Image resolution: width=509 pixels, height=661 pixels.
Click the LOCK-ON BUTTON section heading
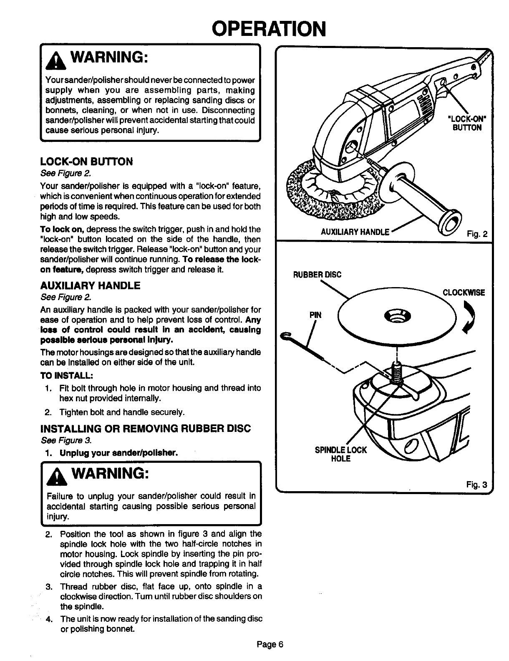tap(86, 161)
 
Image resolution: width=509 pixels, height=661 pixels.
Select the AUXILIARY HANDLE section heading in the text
tap(90, 286)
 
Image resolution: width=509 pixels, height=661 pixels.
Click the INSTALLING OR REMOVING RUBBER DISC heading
tap(146, 429)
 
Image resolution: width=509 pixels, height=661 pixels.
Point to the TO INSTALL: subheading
tap(66, 374)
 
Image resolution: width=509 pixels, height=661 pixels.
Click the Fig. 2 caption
tap(477, 234)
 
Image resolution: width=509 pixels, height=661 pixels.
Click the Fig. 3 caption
tap(476, 484)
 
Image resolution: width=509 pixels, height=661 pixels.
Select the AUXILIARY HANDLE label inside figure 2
tap(355, 232)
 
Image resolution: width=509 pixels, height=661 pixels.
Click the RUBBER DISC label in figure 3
tap(317, 274)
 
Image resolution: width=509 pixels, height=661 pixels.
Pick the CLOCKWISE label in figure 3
tap(464, 292)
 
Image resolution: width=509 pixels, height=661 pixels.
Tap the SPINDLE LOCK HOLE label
tap(341, 454)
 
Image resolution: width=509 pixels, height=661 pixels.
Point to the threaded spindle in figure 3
tap(396, 371)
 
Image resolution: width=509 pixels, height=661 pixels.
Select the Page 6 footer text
tap(270, 644)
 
